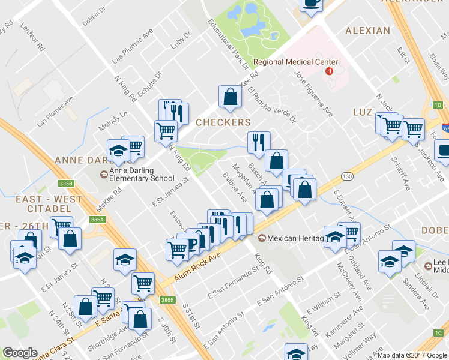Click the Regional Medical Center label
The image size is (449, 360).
(x=295, y=62)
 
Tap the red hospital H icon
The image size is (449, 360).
(x=328, y=72)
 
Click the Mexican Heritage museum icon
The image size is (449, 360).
(x=262, y=238)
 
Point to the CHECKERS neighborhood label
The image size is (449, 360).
(x=223, y=122)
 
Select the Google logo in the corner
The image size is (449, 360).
(x=20, y=353)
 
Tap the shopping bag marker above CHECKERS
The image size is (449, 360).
(x=230, y=97)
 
